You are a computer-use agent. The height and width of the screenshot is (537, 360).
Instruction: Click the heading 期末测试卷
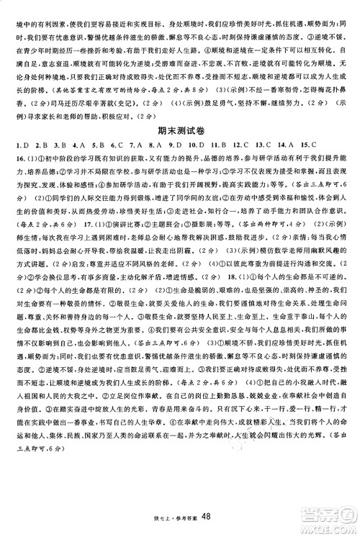pos(179,132)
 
